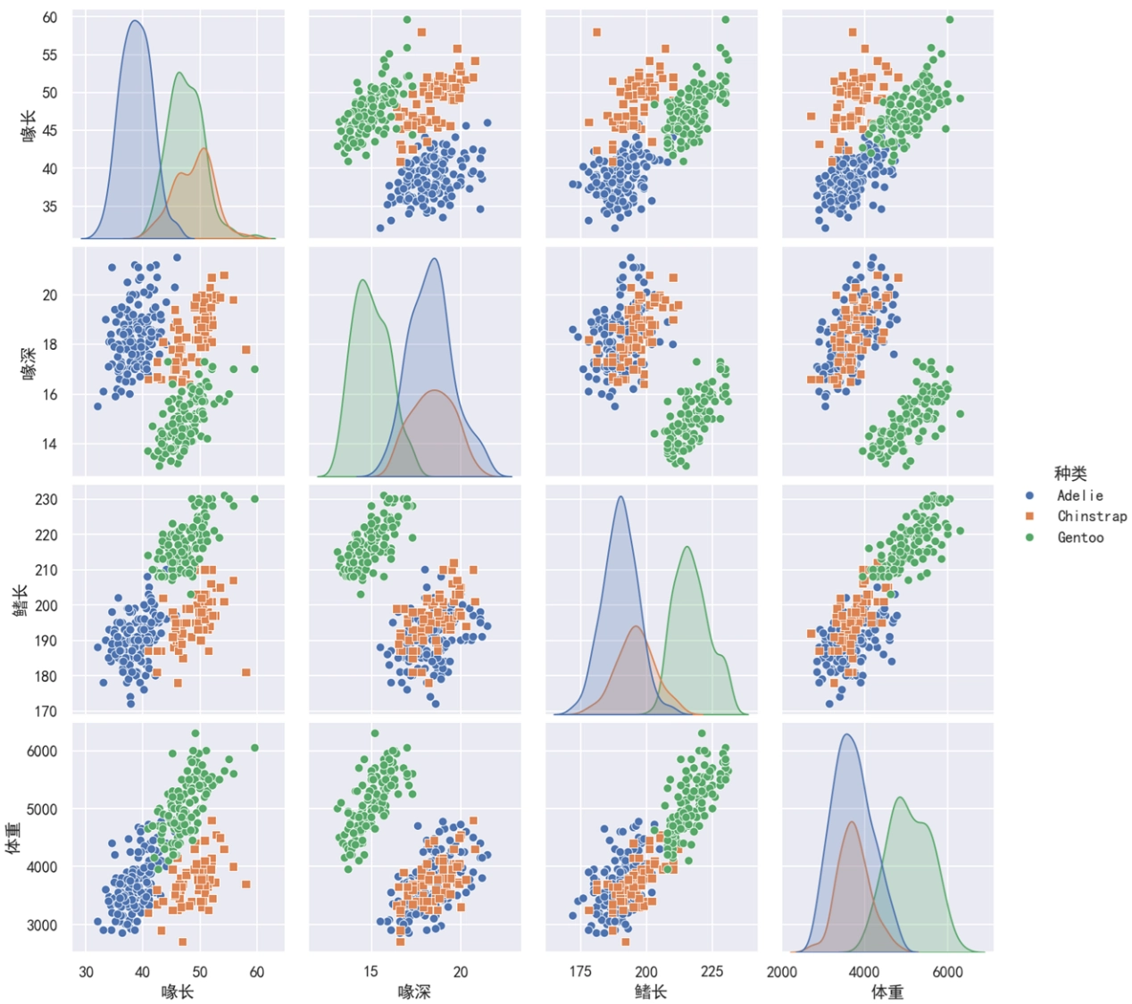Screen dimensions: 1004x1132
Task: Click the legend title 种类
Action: coord(1070,474)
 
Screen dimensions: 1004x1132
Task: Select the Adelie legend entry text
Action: coord(1080,495)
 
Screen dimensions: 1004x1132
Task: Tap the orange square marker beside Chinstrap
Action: coord(1030,516)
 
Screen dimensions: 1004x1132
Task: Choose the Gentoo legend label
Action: coord(1080,537)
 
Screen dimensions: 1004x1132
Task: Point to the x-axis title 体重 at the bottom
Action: coord(887,992)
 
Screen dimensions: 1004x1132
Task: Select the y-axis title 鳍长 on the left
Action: coord(20,600)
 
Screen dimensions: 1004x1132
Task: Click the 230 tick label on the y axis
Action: coord(46,500)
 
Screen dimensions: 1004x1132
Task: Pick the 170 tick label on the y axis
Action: coord(46,712)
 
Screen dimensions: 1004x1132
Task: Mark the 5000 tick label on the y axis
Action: coord(41,809)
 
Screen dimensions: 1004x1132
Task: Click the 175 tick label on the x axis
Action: coord(580,972)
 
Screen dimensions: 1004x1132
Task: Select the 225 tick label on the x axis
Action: coord(712,972)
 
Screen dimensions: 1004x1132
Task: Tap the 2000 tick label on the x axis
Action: coord(781,972)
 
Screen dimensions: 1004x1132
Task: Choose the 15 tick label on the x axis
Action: coord(370,972)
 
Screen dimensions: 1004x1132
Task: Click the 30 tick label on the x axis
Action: coord(86,972)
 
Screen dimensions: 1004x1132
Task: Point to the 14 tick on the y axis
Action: coord(50,444)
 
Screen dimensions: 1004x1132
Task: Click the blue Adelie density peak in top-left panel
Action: coord(136,21)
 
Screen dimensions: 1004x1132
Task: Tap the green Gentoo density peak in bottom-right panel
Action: coord(900,798)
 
